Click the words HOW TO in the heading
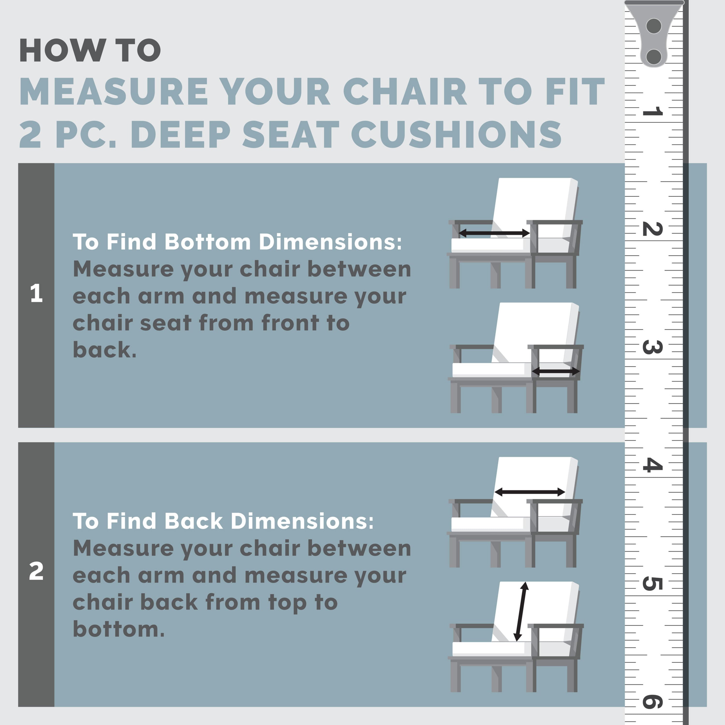click(90, 50)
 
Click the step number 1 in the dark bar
click(36, 293)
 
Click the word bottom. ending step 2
click(119, 629)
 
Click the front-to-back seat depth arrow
click(556, 371)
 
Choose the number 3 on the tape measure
click(652, 347)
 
